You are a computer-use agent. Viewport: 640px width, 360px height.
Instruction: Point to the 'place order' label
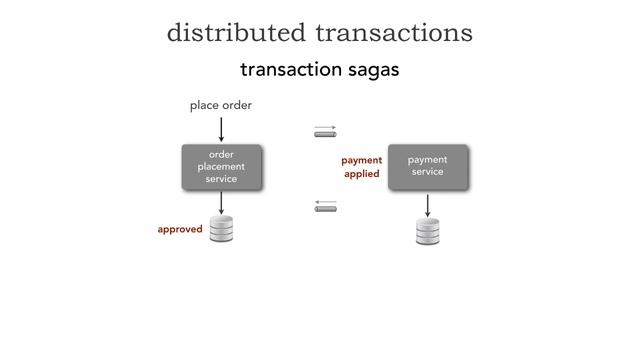point(221,105)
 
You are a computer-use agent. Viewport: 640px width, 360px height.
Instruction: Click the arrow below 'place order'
point(221,129)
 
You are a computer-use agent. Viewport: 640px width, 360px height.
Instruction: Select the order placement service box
point(221,166)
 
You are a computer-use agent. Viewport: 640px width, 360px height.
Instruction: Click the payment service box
point(427,166)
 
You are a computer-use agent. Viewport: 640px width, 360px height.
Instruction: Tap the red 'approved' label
point(180,229)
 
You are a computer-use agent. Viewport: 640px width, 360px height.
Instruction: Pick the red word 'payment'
point(361,160)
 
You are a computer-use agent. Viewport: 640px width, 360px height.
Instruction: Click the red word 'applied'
point(361,174)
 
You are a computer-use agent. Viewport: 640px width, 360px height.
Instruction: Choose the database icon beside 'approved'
point(221,229)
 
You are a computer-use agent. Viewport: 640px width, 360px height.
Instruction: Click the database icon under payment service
point(428,231)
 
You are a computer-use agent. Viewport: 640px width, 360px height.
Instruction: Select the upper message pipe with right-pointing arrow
point(326,131)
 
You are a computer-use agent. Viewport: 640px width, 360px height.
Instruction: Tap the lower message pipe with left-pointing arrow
point(326,206)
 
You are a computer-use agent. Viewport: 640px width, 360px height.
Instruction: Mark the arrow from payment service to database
point(428,204)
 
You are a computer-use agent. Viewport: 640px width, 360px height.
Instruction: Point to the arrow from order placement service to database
point(221,201)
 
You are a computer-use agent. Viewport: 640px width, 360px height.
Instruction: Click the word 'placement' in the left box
point(221,166)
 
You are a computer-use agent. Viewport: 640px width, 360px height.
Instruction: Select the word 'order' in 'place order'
point(237,105)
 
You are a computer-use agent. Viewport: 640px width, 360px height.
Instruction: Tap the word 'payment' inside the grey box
point(427,160)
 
